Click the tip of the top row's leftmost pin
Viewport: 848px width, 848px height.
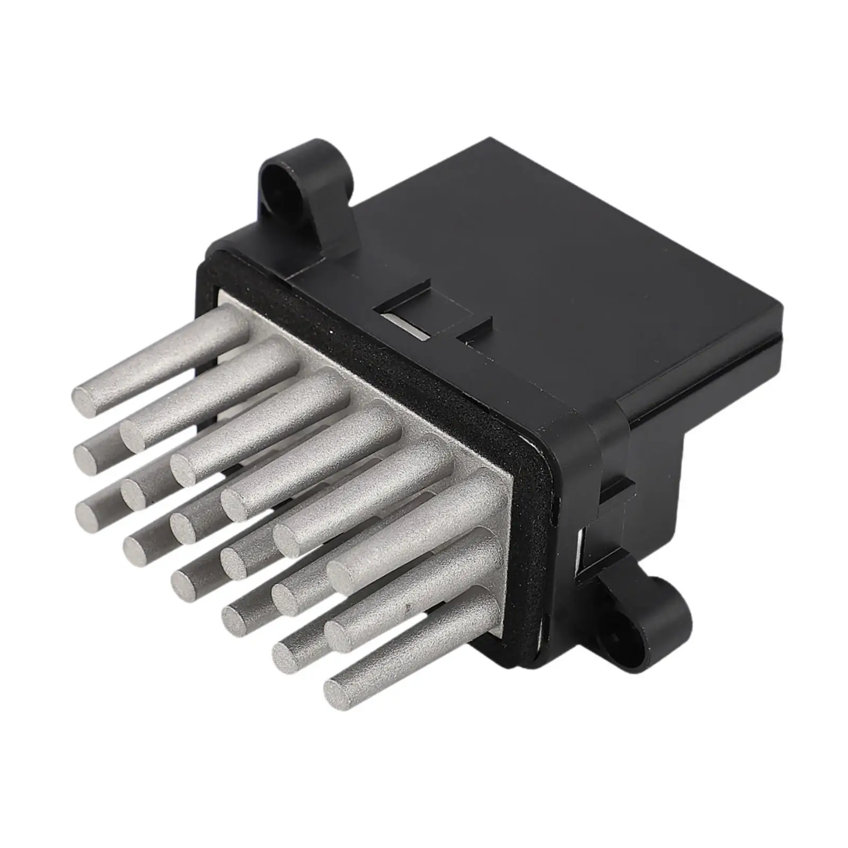[84, 397]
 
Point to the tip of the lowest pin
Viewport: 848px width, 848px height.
[338, 690]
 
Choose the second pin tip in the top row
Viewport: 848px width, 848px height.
[134, 432]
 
